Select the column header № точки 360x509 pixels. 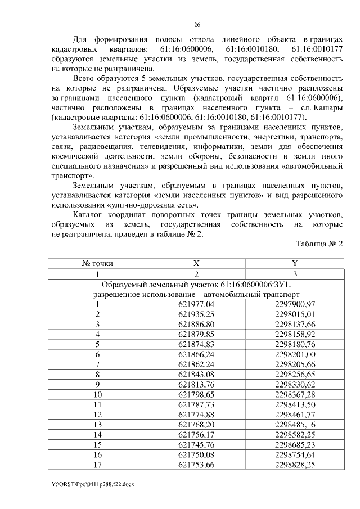coord(97,263)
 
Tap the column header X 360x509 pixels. coord(196,263)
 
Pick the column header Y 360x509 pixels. coord(295,263)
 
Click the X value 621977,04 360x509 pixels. coord(196,304)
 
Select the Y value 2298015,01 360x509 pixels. coord(295,314)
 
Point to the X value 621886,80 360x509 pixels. coord(196,324)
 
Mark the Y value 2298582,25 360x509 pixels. coord(295,435)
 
